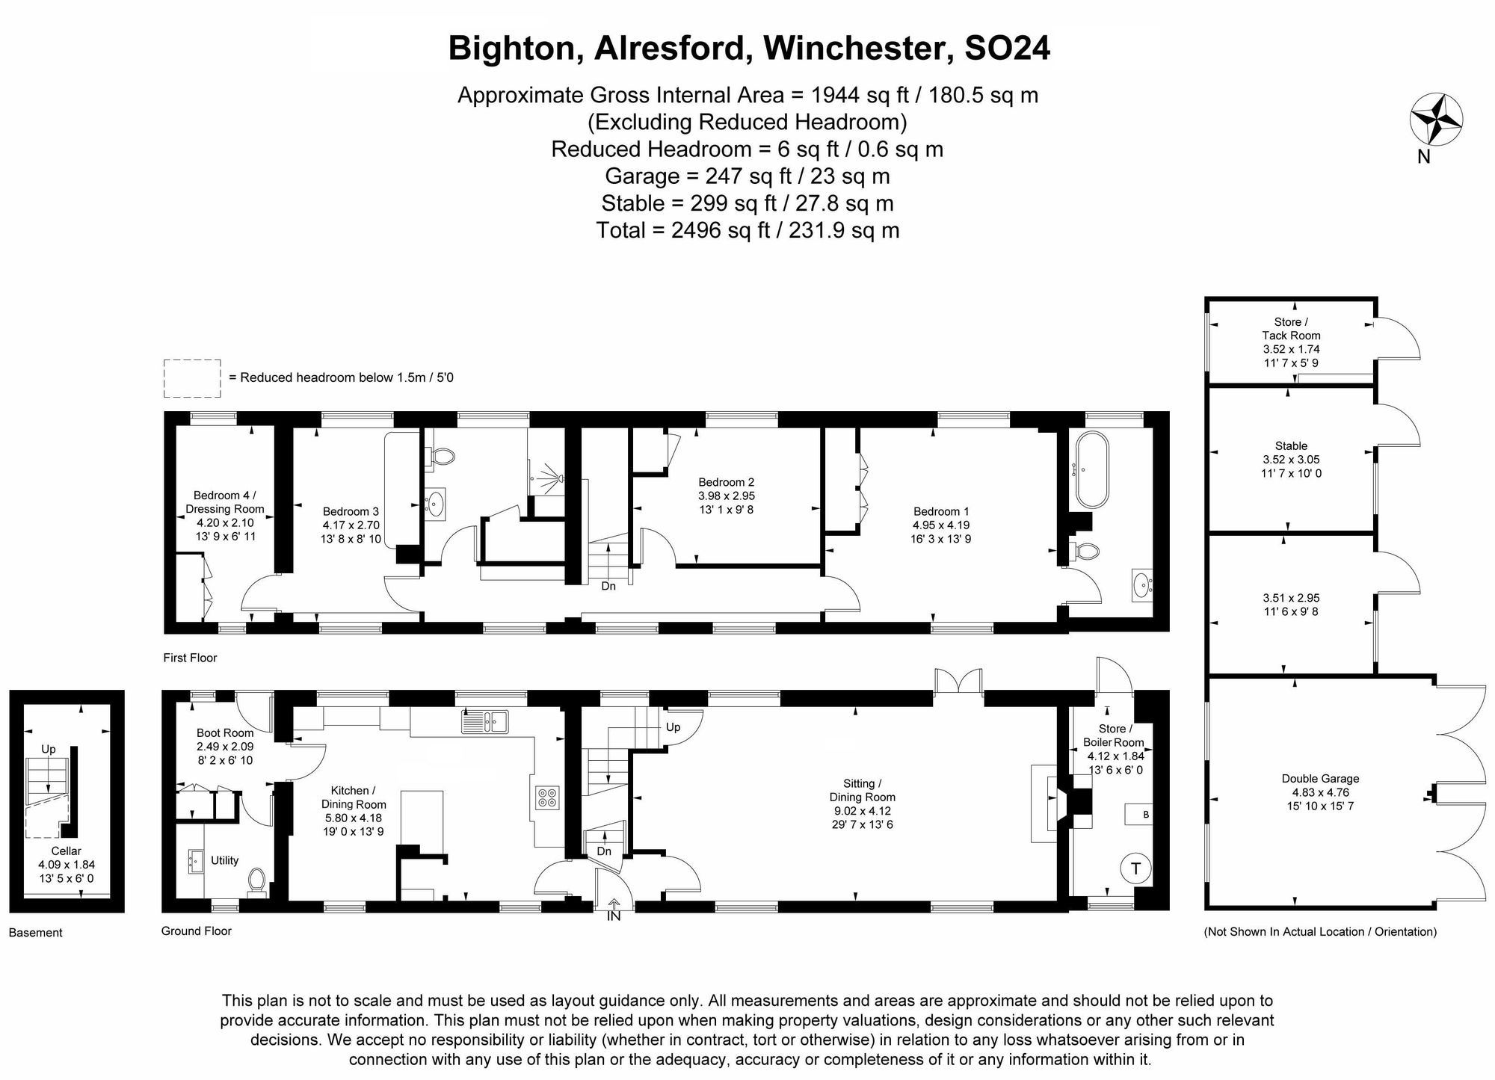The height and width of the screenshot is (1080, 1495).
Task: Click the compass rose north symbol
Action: coord(1436,119)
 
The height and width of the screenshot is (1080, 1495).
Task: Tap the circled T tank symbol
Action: coord(1136,868)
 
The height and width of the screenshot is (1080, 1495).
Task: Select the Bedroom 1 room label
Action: coord(941,511)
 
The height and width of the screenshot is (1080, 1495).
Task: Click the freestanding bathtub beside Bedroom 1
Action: coord(1092,469)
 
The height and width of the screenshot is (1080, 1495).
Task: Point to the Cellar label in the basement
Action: coord(67,851)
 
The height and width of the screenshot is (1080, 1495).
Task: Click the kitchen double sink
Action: coord(485,722)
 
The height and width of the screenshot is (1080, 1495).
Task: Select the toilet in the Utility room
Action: coord(257,880)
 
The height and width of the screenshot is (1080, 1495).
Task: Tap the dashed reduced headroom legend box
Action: coord(192,378)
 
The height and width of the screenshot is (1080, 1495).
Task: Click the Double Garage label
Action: coord(1320,778)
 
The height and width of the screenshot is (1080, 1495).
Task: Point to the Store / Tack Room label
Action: coord(1291,329)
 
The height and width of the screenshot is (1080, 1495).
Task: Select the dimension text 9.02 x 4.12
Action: coord(863,810)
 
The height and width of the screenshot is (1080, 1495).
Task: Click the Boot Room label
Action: coord(225,732)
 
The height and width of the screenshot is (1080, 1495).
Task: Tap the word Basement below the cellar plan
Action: coord(36,932)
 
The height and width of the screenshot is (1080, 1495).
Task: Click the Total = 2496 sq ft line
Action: coord(747,230)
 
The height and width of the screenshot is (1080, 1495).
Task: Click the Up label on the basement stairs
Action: coord(49,749)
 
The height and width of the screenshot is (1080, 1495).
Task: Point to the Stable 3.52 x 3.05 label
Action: coord(1291,459)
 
